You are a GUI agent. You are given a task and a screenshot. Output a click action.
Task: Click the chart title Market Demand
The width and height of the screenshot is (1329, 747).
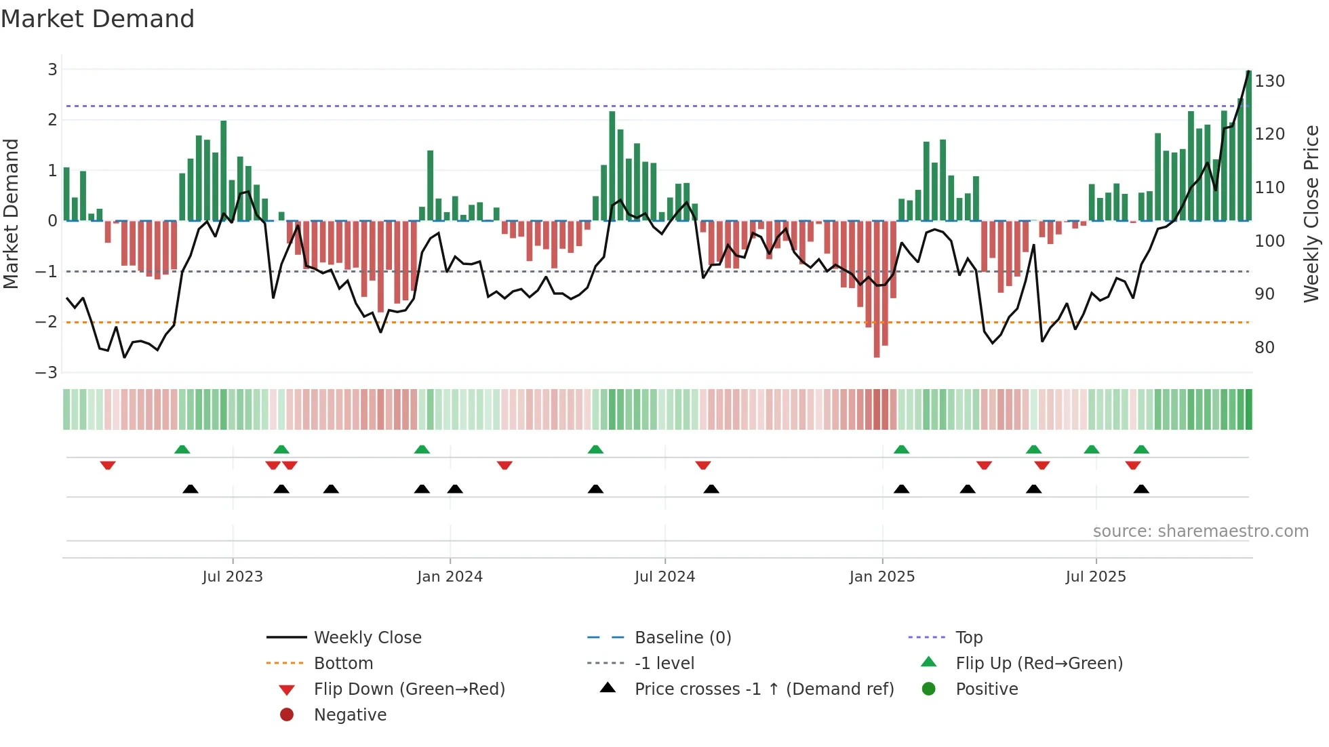tap(98, 19)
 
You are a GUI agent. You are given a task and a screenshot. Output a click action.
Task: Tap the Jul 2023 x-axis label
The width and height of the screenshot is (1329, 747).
tap(233, 577)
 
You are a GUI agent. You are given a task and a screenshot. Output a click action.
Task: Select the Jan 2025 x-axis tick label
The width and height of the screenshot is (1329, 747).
tap(881, 577)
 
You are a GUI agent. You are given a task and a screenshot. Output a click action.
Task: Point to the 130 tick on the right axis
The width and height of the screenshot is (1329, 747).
tap(1269, 81)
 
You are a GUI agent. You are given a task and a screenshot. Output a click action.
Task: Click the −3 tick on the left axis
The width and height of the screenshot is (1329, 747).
tap(47, 373)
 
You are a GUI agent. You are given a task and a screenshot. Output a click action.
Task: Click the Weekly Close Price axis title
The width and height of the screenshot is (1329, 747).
tap(1311, 214)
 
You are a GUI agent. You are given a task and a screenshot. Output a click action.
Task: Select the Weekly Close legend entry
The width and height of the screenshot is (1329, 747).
tap(367, 638)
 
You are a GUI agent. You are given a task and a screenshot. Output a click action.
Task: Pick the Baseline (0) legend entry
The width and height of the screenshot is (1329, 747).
tap(682, 638)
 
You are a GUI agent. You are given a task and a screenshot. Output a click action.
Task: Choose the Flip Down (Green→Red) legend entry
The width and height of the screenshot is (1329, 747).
tap(409, 689)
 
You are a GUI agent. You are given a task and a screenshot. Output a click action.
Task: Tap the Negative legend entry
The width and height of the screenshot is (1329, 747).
tap(350, 715)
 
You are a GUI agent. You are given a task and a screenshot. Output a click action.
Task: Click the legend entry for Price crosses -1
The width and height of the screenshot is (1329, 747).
tap(763, 689)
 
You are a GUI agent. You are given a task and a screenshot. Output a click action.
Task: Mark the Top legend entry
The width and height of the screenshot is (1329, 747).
tap(968, 638)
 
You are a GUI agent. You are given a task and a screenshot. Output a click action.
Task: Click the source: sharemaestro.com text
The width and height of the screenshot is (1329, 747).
tap(1200, 531)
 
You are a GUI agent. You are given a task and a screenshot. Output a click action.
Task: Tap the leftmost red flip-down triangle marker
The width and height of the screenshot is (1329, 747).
tap(108, 465)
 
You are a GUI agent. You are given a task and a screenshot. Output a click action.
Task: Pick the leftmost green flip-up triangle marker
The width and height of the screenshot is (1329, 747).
tap(182, 449)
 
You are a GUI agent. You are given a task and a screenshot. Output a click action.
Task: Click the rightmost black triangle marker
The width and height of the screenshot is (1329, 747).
tap(1141, 489)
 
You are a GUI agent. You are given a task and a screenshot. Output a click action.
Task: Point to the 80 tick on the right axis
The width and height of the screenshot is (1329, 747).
tap(1265, 348)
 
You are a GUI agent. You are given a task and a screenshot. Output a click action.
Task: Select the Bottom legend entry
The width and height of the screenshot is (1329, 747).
tap(343, 664)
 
